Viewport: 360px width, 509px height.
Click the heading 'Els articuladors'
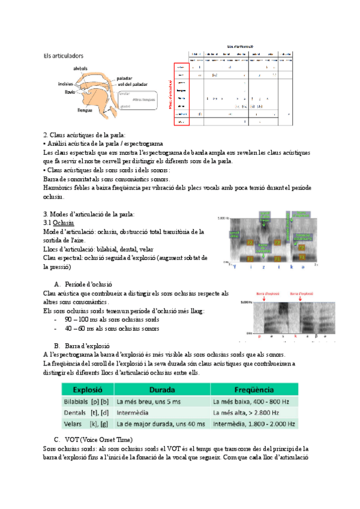(x=63, y=56)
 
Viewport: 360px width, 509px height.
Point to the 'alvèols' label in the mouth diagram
(x=81, y=68)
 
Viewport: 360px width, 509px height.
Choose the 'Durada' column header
(x=158, y=388)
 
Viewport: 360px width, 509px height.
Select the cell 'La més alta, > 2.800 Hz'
(x=247, y=413)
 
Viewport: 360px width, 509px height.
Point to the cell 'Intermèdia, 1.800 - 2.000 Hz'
(x=254, y=424)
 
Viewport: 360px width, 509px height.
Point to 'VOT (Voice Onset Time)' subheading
(x=99, y=440)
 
